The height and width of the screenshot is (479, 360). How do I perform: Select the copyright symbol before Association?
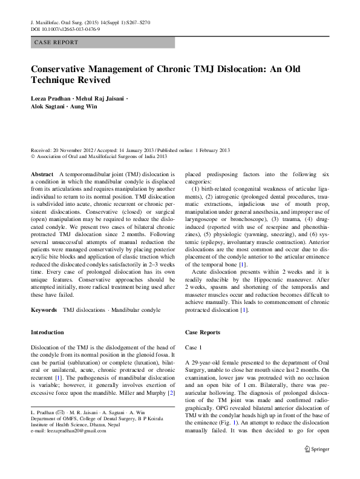click(33, 155)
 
